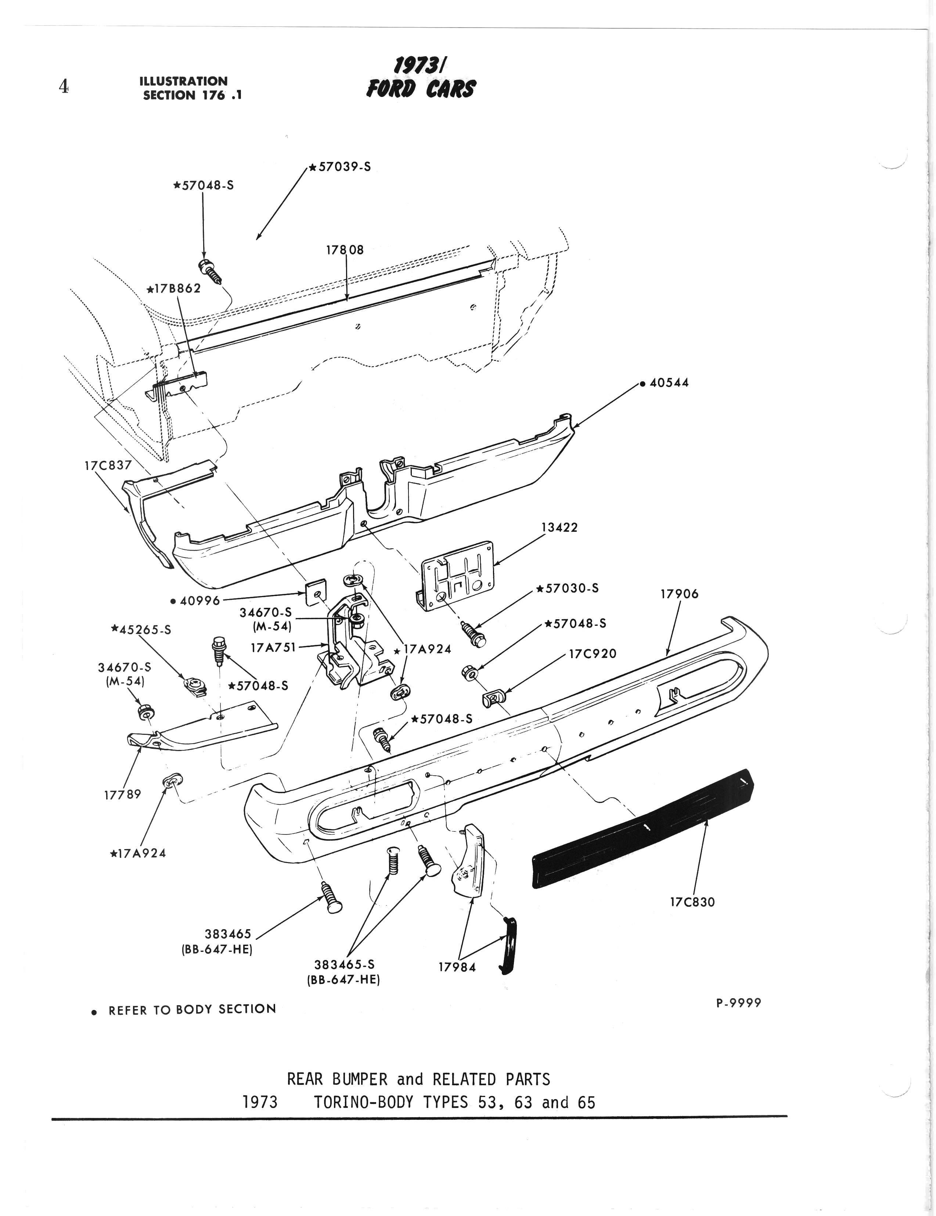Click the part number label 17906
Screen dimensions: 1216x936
[679, 594]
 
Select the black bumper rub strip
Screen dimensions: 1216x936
[640, 830]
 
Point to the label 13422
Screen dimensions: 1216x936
[559, 527]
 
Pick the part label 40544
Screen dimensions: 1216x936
[668, 383]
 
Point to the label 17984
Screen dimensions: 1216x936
[457, 967]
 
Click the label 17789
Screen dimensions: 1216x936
[122, 794]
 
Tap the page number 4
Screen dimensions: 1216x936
[64, 86]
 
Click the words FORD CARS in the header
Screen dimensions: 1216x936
[421, 89]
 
